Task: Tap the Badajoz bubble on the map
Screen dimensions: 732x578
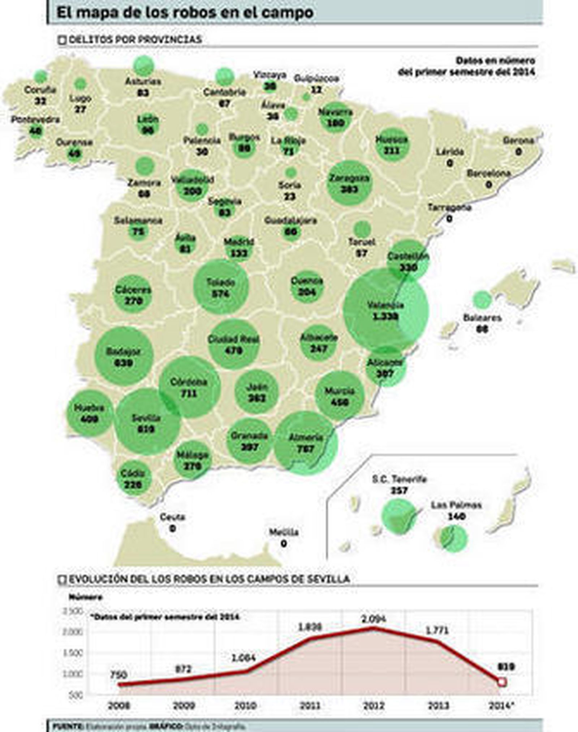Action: (x=124, y=356)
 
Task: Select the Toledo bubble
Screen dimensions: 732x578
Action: (x=221, y=287)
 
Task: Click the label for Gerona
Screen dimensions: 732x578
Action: (x=518, y=140)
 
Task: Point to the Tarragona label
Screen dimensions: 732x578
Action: (x=449, y=207)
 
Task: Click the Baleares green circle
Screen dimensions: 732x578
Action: (x=482, y=300)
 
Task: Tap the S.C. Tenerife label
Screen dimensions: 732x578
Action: (x=399, y=479)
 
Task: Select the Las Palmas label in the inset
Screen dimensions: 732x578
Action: (x=456, y=505)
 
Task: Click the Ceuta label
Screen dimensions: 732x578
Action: (x=172, y=517)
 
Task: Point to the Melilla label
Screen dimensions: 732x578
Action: (x=284, y=532)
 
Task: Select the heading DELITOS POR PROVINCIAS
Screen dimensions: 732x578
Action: (x=135, y=39)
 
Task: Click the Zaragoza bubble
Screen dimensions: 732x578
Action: (x=349, y=183)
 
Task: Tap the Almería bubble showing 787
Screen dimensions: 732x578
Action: (x=306, y=443)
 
